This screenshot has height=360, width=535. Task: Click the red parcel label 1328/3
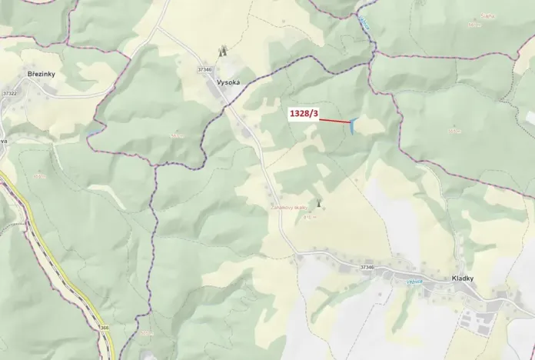coord(304,114)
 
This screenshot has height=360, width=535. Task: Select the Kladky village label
coord(463,278)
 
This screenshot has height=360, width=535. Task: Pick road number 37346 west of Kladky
coord(367,267)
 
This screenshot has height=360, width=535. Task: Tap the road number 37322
coord(9,93)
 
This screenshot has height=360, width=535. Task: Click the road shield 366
coord(103,328)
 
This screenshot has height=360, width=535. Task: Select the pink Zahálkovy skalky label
coord(288,208)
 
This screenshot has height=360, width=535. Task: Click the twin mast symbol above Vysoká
coord(223,52)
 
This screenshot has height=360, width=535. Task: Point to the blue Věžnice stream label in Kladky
coord(415,282)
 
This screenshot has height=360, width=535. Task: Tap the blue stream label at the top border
coord(364,24)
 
